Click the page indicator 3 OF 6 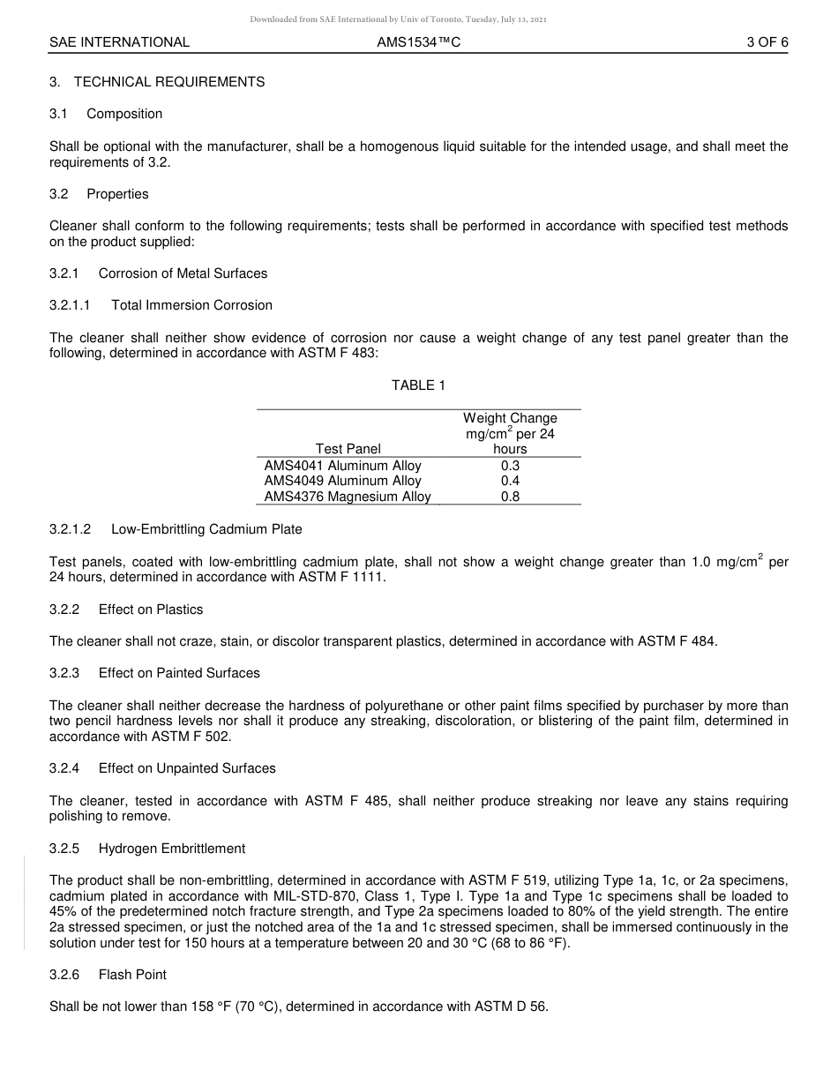click(767, 41)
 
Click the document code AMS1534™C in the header click(418, 41)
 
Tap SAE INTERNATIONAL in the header click(119, 41)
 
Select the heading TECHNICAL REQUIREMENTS click(168, 82)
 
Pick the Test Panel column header click(348, 449)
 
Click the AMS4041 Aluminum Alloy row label click(342, 466)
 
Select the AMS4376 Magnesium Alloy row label click(348, 497)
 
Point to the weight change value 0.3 click(510, 466)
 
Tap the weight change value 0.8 click(510, 497)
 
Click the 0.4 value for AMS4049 click(510, 481)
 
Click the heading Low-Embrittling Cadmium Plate click(206, 529)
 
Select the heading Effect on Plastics click(150, 610)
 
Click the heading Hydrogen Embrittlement click(171, 849)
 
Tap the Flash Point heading click(132, 975)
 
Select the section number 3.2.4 click(64, 768)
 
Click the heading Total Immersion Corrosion click(191, 305)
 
